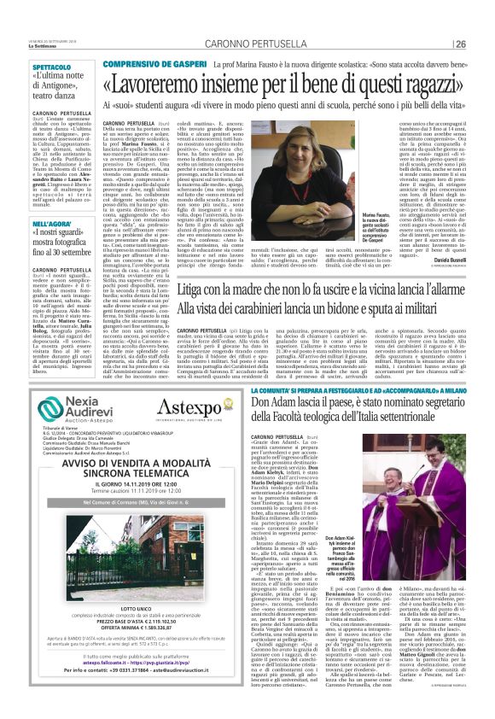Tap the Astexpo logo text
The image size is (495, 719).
(181, 409)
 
